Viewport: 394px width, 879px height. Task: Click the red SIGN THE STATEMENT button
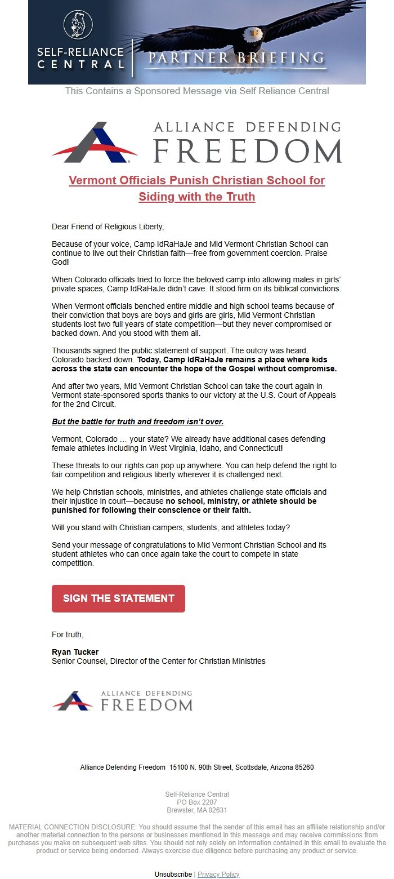118,598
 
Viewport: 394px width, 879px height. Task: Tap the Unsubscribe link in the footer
173,874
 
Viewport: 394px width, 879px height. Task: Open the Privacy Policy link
218,874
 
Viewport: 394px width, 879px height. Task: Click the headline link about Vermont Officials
197,188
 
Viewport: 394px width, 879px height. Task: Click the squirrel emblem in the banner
78,25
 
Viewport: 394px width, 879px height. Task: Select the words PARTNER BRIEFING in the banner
236,58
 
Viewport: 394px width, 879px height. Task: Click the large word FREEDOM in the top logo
248,150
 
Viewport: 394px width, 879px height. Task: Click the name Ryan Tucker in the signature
75,652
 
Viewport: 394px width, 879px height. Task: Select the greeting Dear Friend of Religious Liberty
108,227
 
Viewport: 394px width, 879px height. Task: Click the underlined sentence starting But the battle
137,421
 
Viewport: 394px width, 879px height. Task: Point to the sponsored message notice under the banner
197,91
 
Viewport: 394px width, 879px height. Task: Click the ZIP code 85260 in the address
304,767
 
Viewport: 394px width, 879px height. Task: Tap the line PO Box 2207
197,802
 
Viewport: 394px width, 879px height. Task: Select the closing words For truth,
68,634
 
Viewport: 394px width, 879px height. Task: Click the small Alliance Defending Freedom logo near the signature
122,700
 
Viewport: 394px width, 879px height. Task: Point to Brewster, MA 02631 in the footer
197,810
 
